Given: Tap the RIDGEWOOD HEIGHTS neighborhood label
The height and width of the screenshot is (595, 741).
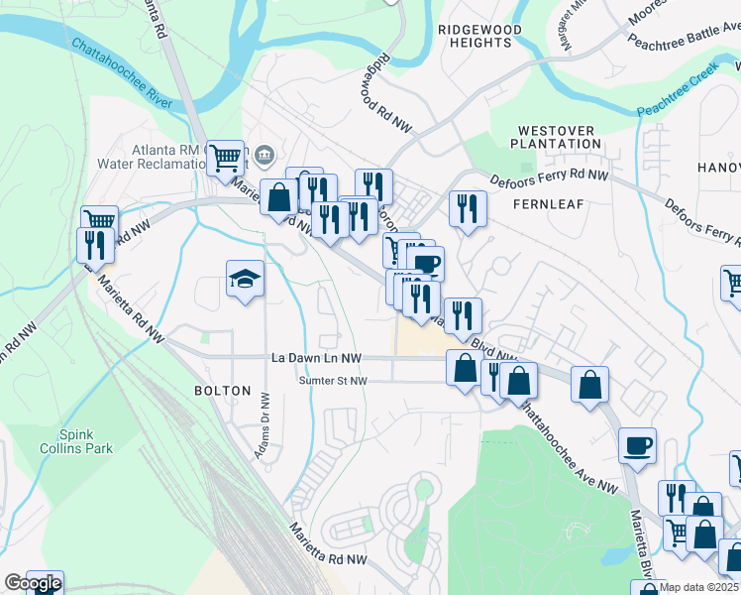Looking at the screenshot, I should tap(479, 37).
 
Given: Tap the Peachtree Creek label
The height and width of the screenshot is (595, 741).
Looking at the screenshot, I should tap(676, 93).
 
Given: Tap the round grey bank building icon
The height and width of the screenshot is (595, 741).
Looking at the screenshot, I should tap(265, 155).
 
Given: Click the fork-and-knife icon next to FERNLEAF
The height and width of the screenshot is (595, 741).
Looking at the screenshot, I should tap(466, 207).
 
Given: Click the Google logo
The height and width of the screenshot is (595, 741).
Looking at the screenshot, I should tap(33, 583).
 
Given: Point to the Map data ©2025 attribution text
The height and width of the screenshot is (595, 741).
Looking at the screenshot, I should tap(699, 588).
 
